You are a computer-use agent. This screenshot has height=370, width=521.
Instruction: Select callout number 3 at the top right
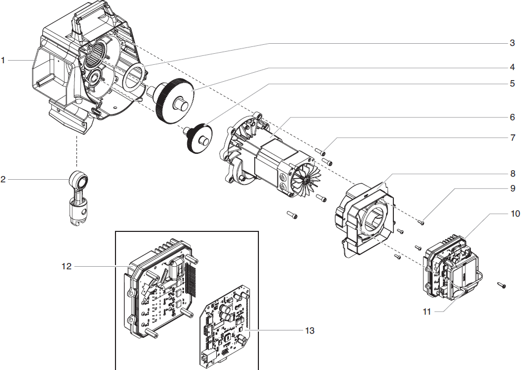click(x=512, y=43)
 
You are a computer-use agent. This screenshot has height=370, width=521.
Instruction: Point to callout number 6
click(x=512, y=116)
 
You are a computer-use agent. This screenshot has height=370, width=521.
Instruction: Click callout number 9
click(x=512, y=188)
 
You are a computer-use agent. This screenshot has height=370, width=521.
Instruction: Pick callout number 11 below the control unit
click(x=427, y=311)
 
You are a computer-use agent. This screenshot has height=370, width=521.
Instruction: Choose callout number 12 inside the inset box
click(x=66, y=267)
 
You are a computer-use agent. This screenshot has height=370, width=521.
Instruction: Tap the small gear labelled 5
click(x=200, y=137)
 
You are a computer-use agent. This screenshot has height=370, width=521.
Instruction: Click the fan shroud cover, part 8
click(x=364, y=219)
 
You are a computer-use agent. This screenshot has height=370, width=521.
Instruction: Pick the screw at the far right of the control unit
click(x=501, y=285)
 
